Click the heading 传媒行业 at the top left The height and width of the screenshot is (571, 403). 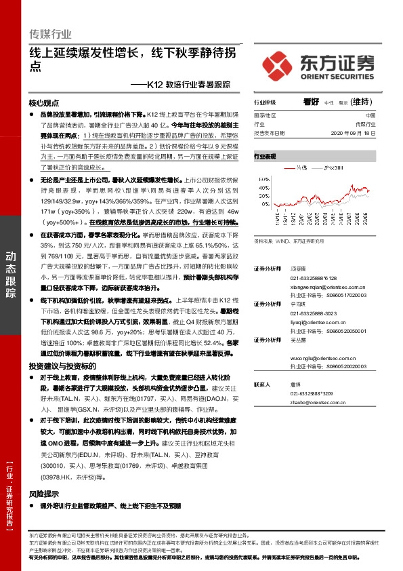tap(50, 33)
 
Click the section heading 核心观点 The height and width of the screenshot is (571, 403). tap(44, 104)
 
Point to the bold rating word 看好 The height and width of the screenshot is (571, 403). tap(311, 102)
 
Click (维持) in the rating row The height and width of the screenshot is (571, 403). tap(361, 102)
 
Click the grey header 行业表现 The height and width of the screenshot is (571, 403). tap(266, 157)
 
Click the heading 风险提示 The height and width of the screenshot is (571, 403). tap(44, 494)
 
